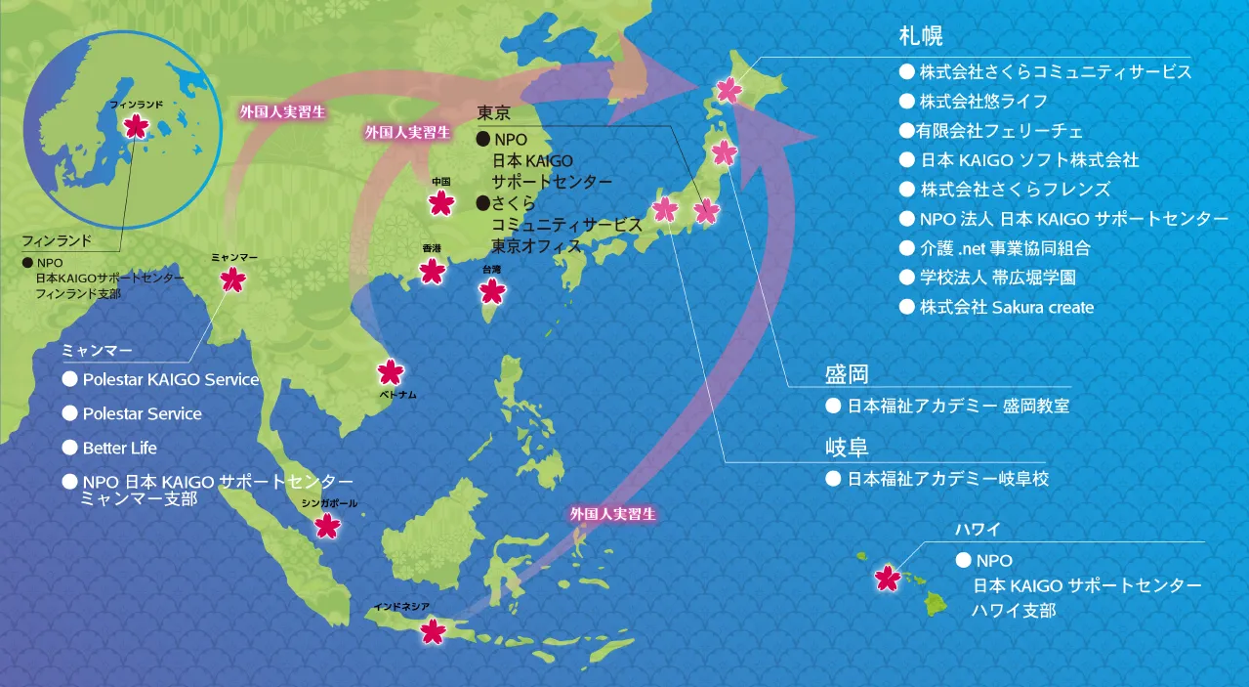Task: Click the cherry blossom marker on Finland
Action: pos(138,125)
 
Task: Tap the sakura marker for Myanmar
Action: pos(232,279)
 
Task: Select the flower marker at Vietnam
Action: pos(390,371)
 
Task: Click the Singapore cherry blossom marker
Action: pos(327,526)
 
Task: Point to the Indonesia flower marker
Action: pos(433,631)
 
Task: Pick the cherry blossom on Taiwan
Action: pos(493,290)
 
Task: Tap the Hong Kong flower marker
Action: pos(432,271)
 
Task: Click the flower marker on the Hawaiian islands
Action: pos(887,578)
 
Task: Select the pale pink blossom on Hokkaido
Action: pos(729,90)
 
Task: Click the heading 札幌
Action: pos(919,37)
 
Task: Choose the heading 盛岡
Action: pos(847,373)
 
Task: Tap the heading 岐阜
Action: pos(847,448)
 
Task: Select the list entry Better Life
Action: pos(119,448)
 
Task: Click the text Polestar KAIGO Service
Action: pos(171,379)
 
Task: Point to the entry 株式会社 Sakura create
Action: pos(1006,307)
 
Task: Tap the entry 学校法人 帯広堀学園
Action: pos(997,278)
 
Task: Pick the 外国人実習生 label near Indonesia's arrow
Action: pos(613,513)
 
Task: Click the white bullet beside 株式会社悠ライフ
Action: pos(906,101)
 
